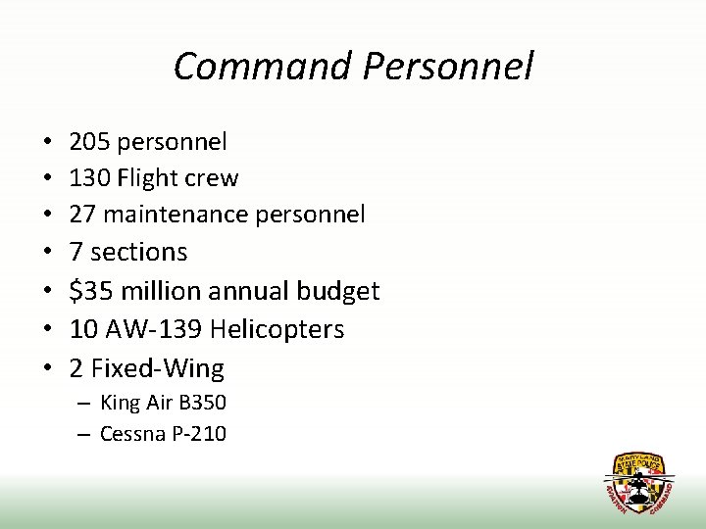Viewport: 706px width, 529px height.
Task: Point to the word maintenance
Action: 182,214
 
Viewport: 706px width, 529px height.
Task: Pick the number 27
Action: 81,214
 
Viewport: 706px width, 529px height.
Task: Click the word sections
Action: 138,252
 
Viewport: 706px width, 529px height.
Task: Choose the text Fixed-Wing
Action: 157,368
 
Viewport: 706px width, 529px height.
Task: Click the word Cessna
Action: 132,433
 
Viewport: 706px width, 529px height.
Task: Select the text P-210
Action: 199,433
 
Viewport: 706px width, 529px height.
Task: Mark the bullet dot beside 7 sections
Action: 48,253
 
